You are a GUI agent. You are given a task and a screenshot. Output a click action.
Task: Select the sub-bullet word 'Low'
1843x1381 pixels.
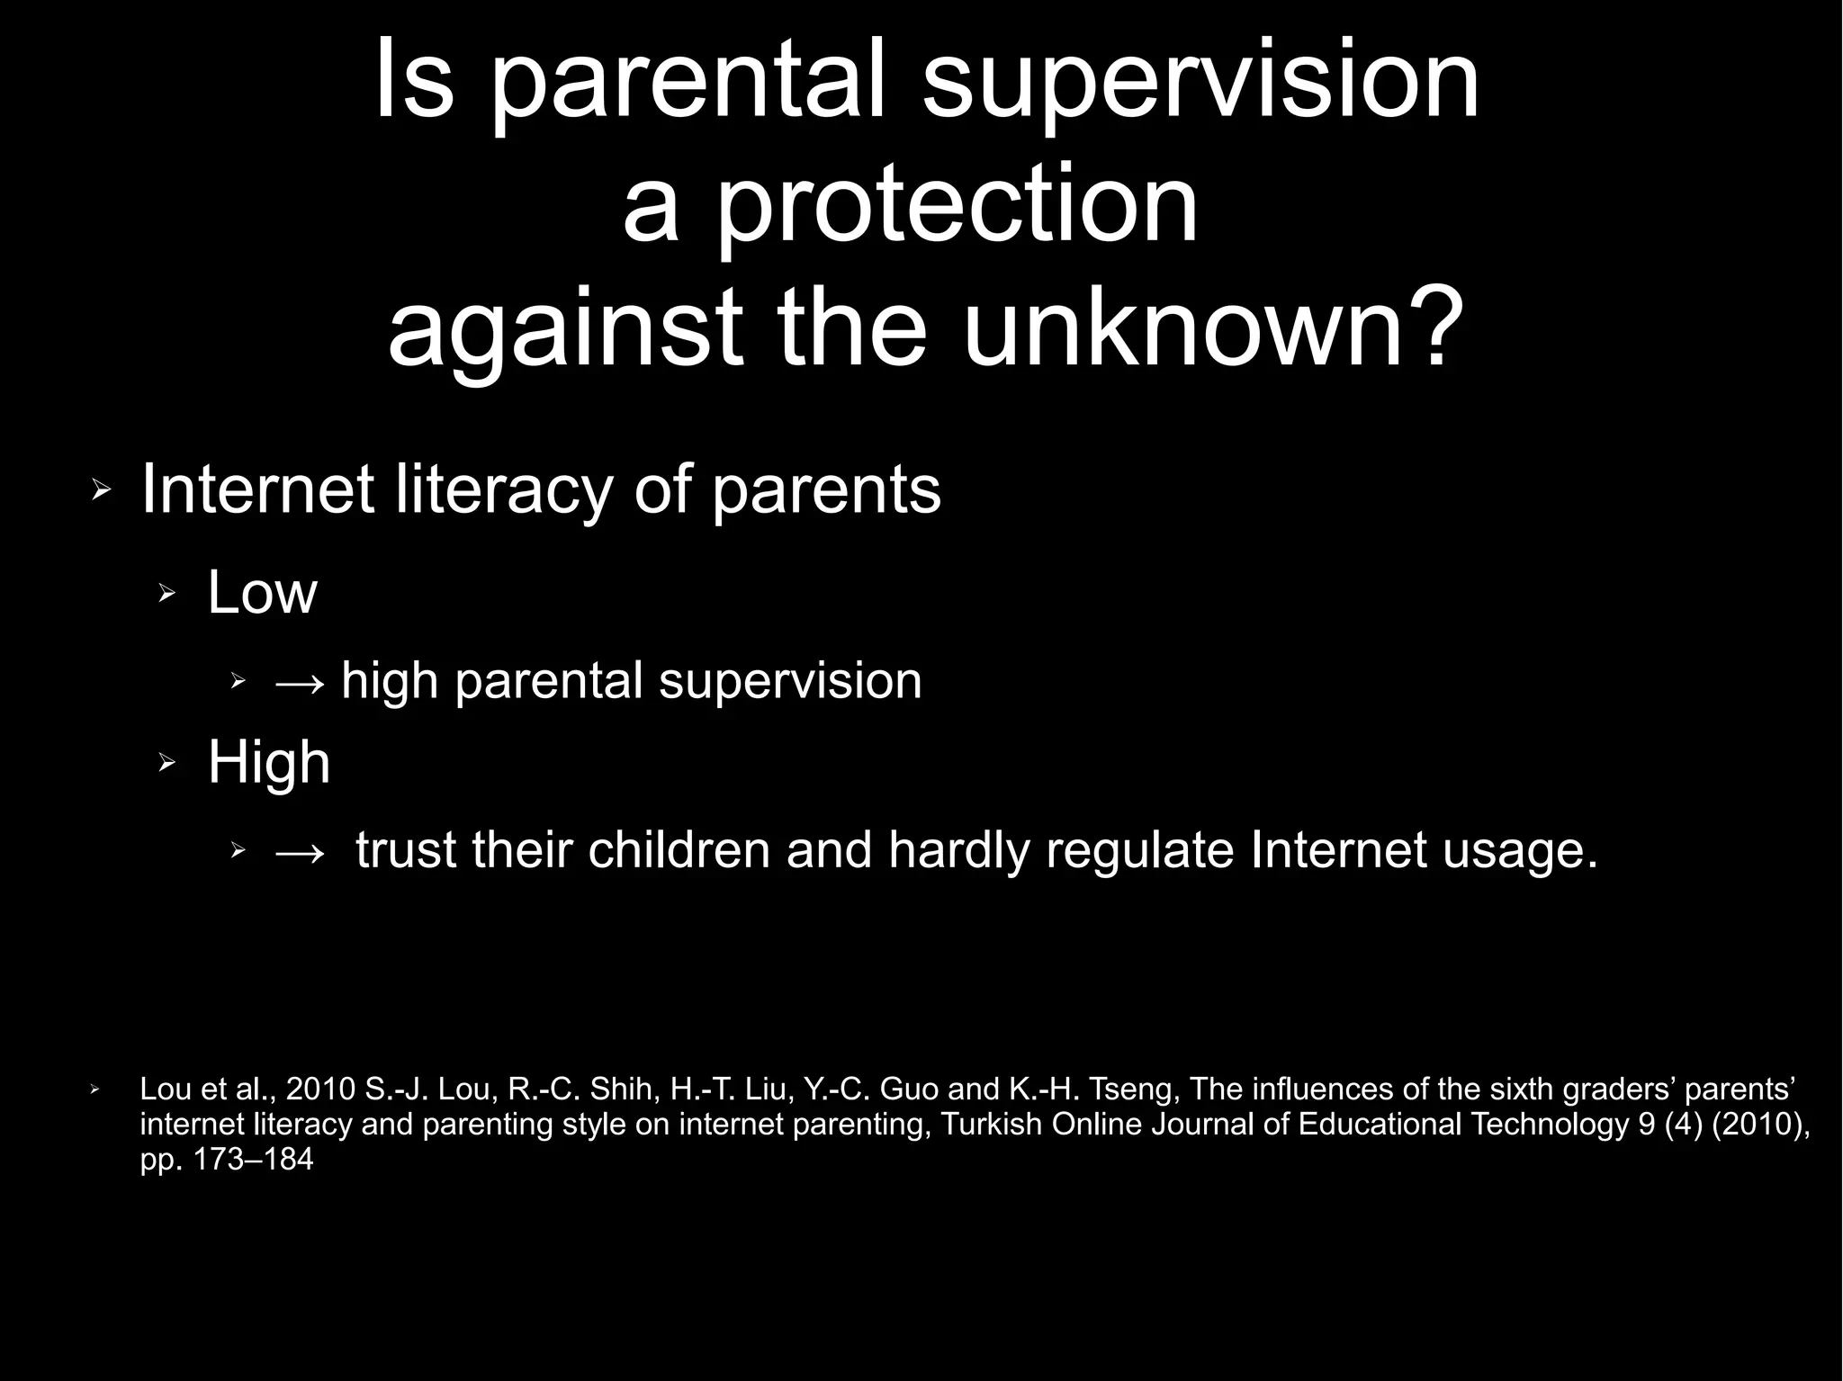[263, 594]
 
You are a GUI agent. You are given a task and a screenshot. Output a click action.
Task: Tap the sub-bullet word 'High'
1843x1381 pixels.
[269, 763]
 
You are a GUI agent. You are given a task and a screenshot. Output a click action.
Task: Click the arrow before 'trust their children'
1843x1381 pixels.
[300, 851]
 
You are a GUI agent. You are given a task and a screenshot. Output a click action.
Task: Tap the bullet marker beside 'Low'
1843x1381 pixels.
[166, 594]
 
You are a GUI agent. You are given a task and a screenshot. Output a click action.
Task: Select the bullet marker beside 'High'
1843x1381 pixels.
[166, 764]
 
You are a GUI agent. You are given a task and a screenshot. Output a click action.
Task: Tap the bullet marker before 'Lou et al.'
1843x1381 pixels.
[94, 1090]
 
